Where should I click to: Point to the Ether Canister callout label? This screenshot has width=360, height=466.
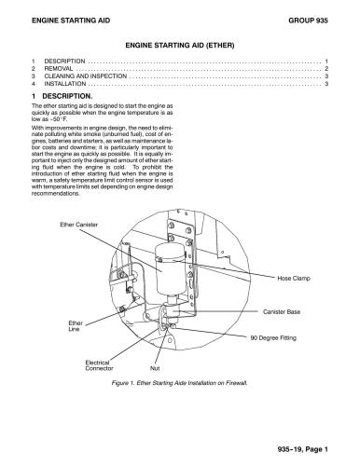[79, 225]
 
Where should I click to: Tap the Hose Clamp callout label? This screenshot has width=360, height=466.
[296, 278]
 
